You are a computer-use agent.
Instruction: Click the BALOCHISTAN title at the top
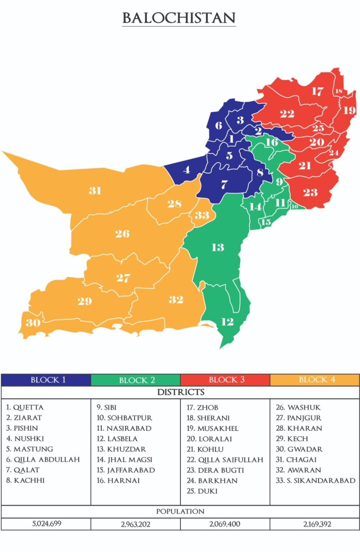(179, 18)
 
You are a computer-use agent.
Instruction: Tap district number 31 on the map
(95, 190)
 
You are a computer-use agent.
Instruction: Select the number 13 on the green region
(218, 247)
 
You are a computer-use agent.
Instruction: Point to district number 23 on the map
(310, 193)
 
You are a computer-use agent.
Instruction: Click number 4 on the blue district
(186, 170)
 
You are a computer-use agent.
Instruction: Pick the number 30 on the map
(33, 322)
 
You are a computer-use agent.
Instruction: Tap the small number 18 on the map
(338, 91)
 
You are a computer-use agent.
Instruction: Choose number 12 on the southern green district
(227, 322)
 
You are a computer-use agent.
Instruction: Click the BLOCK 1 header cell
(46, 380)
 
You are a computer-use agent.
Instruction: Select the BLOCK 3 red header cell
(225, 380)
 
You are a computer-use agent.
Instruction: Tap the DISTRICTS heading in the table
(180, 392)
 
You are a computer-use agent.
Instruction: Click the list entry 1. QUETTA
(25, 408)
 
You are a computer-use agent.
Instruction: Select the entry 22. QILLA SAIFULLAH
(225, 460)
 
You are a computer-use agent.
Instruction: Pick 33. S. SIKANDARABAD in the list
(315, 480)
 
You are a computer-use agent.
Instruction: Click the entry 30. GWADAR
(299, 449)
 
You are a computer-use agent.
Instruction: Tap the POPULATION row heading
(180, 511)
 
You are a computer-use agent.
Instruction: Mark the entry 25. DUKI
(202, 491)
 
